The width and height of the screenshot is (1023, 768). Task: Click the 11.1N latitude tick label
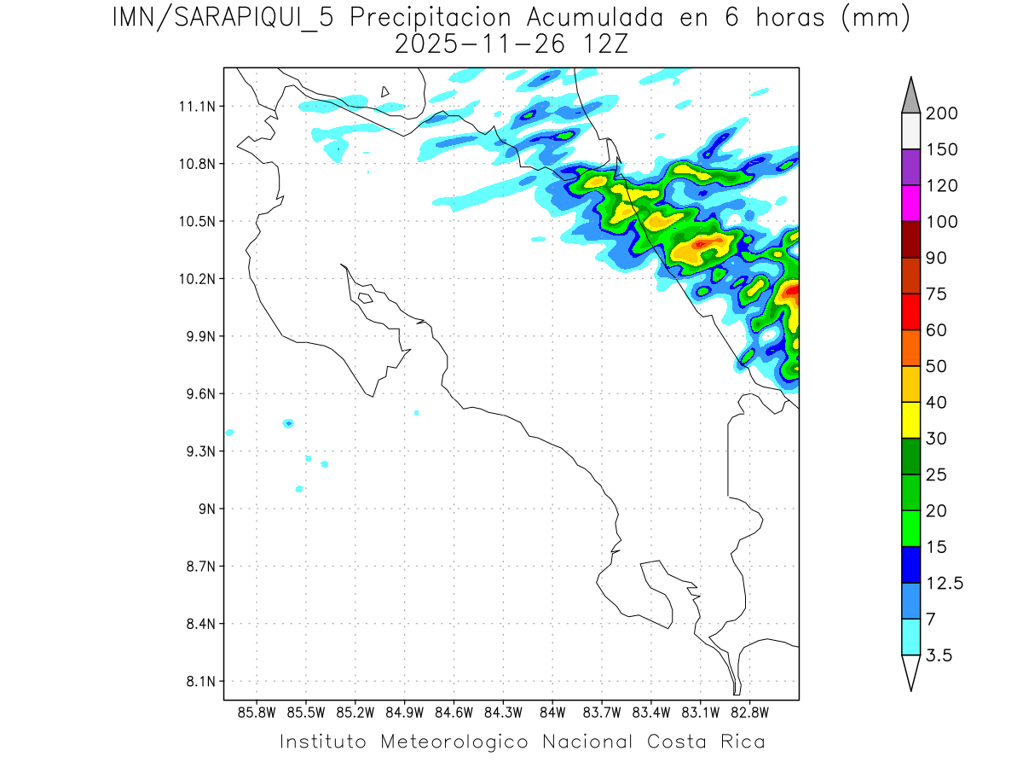[x=196, y=107]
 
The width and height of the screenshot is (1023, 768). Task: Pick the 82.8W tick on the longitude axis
[x=750, y=712]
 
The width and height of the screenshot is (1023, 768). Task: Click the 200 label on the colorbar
[x=942, y=113]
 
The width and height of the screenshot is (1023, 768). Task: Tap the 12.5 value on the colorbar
[x=945, y=583]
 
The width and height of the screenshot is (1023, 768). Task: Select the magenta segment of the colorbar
[x=910, y=203]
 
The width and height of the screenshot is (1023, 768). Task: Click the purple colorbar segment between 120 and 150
[x=910, y=167]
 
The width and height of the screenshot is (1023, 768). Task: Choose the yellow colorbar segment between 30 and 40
[x=910, y=420]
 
